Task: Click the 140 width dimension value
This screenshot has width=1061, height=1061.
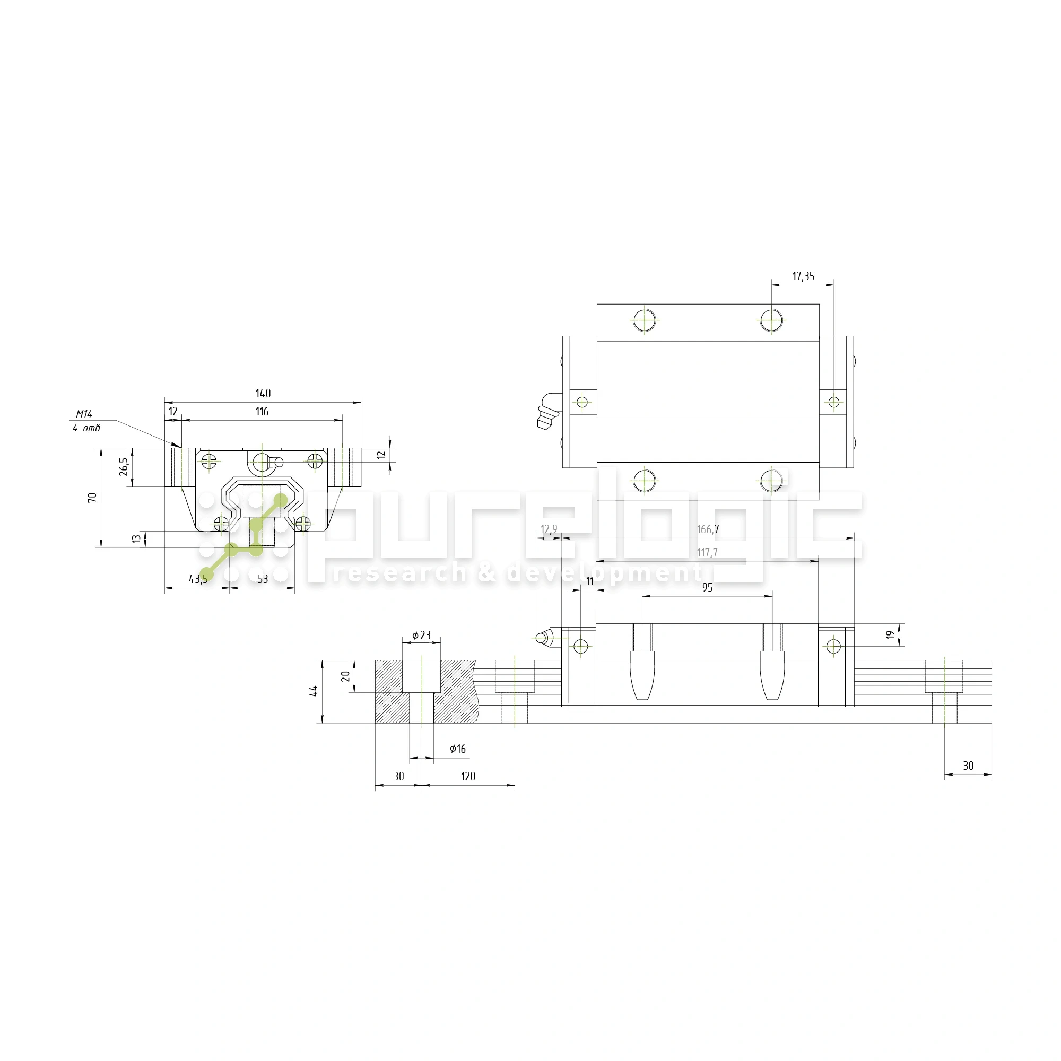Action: click(263, 393)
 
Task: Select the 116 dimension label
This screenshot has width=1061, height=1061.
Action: click(262, 411)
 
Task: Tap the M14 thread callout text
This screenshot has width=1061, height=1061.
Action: click(84, 414)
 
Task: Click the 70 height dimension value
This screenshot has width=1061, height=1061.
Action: click(92, 498)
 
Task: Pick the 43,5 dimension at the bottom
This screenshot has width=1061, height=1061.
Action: click(198, 579)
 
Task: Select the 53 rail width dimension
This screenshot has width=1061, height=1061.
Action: click(263, 579)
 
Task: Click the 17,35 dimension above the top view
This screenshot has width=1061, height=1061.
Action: click(803, 276)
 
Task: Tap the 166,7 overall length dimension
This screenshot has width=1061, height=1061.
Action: click(707, 529)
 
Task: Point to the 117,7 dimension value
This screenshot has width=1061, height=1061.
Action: click(707, 552)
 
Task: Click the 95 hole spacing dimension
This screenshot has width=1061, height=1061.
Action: click(707, 588)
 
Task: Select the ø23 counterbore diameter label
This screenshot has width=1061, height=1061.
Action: click(421, 636)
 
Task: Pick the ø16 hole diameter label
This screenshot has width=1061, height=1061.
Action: click(457, 749)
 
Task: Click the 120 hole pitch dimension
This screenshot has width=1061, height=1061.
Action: click(468, 776)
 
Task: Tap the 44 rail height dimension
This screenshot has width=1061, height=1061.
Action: click(314, 691)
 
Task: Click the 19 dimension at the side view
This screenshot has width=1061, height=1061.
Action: click(890, 635)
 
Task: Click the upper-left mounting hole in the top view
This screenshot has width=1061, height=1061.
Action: click(644, 320)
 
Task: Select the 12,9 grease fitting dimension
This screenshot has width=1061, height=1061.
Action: click(549, 529)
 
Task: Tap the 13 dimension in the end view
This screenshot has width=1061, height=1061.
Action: click(136, 539)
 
